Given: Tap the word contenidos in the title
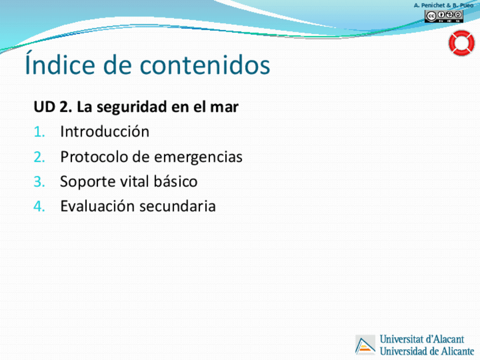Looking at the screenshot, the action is point(205,65).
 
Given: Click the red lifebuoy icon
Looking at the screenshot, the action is point(461,43).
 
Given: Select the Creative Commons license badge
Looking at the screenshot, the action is point(444,16).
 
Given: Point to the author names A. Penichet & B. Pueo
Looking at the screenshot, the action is point(444,5).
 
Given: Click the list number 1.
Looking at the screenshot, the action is point(39,132).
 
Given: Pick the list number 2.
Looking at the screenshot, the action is point(39,157).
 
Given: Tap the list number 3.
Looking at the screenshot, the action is point(39,182).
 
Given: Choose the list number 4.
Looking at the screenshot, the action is point(39,206).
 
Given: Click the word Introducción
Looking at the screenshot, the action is point(105,131).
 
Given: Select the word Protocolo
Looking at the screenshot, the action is point(95,157).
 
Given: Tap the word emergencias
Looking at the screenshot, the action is point(198,157).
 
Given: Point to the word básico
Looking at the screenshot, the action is point(175,181).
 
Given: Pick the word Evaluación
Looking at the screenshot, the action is point(97,205).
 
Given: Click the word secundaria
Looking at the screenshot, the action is point(178,206).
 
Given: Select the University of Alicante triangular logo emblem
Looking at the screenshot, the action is point(365,345).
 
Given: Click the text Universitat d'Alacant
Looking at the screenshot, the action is point(422,339).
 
